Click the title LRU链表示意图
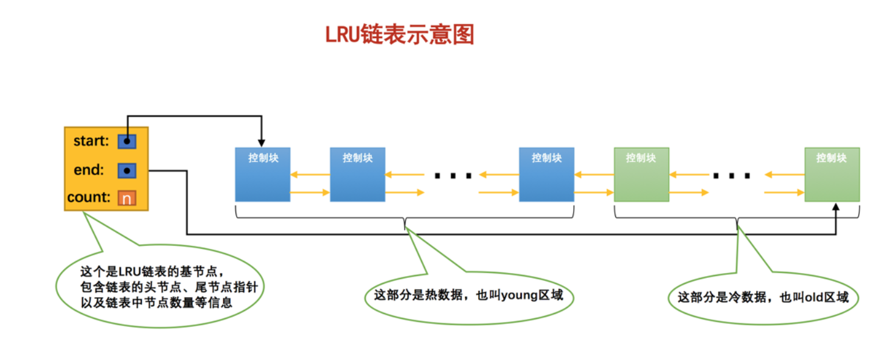tap(400, 35)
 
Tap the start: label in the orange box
tap(91, 141)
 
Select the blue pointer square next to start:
tap(127, 141)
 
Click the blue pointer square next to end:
tap(127, 170)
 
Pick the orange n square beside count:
tap(127, 198)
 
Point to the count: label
tap(89, 198)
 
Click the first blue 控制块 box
tap(262, 175)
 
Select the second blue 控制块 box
tap(358, 175)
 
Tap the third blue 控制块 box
tap(547, 175)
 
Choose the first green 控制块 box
tap(641, 175)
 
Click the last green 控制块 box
tap(832, 175)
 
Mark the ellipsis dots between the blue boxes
tap(452, 176)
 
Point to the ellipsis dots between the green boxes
tap(731, 176)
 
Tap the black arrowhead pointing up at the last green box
tap(836, 207)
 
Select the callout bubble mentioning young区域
tap(469, 296)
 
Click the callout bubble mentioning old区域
tap(763, 297)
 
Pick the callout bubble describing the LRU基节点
tap(160, 288)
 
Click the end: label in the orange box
tap(89, 170)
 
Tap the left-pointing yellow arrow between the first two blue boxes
tap(310, 175)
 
